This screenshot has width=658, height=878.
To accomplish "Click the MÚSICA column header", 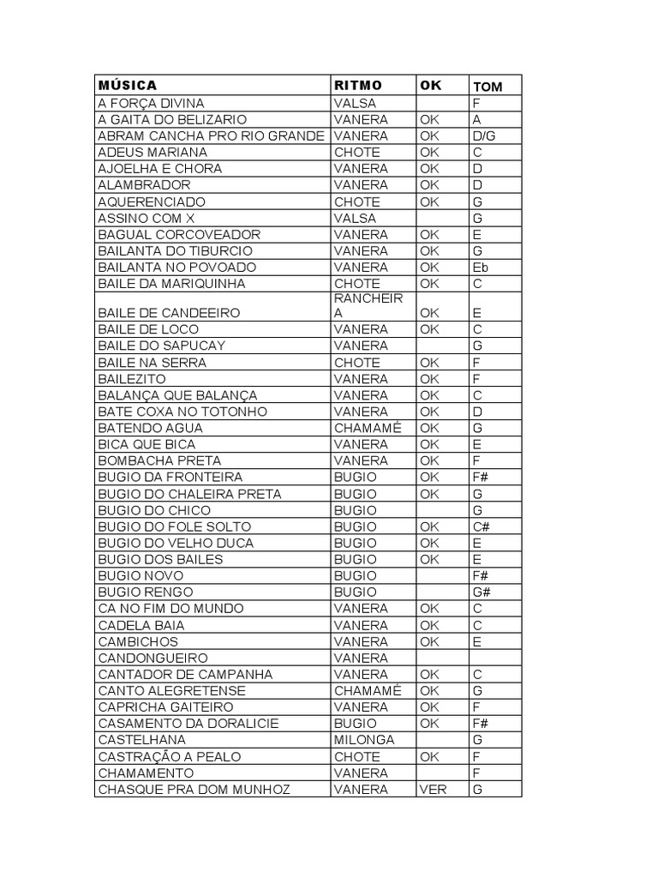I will click(x=128, y=86).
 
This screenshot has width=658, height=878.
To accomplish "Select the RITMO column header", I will click(x=359, y=86).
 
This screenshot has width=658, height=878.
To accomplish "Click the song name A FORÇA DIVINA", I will click(x=152, y=103).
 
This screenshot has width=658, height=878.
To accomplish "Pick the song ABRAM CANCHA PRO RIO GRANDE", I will click(x=212, y=135).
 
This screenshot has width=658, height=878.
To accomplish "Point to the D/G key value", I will click(x=484, y=135).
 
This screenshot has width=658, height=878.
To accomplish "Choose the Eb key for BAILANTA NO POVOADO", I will click(x=481, y=267).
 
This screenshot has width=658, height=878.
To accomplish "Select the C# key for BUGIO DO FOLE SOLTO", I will click(x=480, y=526).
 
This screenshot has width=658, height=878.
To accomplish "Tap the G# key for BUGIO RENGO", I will click(x=481, y=592).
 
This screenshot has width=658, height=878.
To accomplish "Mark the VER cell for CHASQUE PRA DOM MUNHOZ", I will click(x=433, y=789).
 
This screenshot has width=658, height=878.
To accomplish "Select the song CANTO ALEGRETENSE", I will click(x=172, y=690).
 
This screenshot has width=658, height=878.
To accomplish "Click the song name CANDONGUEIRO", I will click(x=153, y=658).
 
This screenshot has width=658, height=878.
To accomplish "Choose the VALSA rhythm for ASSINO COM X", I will click(x=356, y=218).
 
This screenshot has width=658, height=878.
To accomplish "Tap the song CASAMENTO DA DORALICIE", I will click(x=188, y=723).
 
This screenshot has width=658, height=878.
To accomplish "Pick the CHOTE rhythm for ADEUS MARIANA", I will click(x=357, y=152).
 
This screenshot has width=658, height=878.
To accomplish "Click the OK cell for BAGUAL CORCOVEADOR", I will click(x=429, y=234).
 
